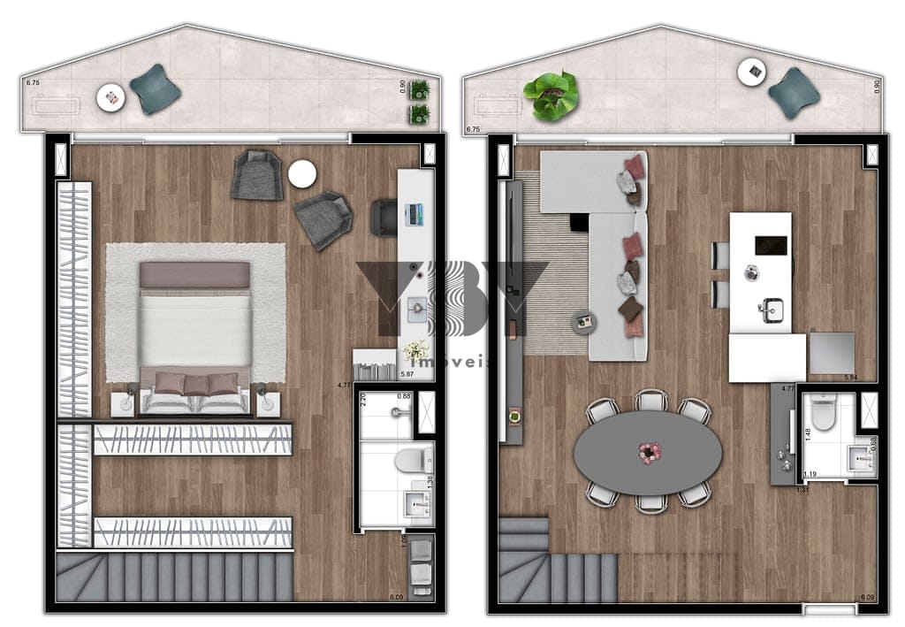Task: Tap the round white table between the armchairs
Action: click(x=302, y=174)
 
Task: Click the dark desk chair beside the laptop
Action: click(x=384, y=217)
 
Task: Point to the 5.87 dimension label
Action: click(x=407, y=374)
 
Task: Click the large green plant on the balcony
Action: click(x=551, y=95)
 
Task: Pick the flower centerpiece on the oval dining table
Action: click(x=650, y=453)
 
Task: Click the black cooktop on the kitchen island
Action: click(x=771, y=245)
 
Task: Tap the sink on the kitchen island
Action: click(x=771, y=310)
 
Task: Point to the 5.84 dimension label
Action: click(x=851, y=378)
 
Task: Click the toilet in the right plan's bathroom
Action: click(x=824, y=413)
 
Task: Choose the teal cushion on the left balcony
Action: click(x=156, y=88)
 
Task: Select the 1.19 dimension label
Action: click(x=810, y=474)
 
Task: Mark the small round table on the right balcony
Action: click(x=751, y=72)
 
